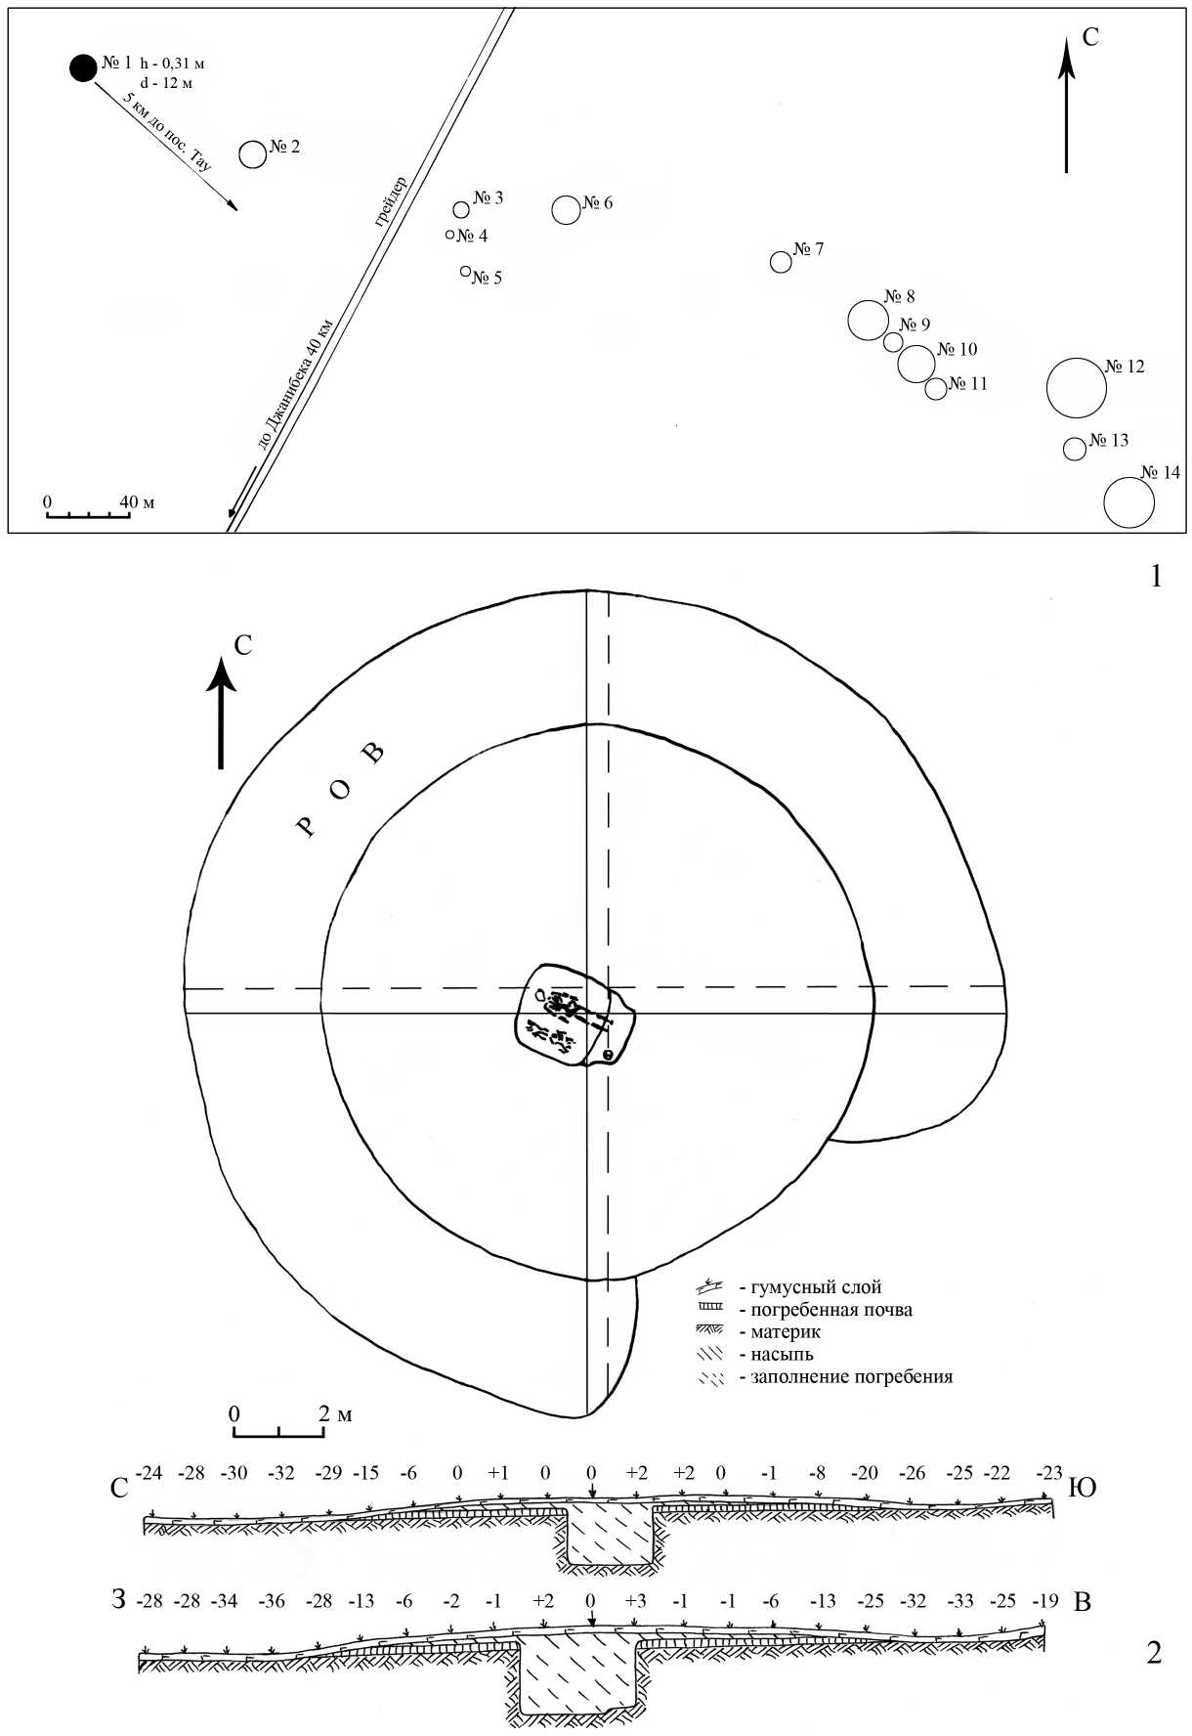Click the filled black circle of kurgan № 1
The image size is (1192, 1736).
[83, 67]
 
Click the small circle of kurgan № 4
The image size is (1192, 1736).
[449, 235]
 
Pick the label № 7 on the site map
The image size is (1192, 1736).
[808, 249]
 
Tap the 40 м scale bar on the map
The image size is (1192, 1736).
[88, 513]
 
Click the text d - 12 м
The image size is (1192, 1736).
[166, 83]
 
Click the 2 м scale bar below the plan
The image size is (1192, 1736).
[279, 1431]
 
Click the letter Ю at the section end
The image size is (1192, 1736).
[1085, 1488]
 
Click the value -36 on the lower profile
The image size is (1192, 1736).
[274, 1602]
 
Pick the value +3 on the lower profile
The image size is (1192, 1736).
[635, 1602]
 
